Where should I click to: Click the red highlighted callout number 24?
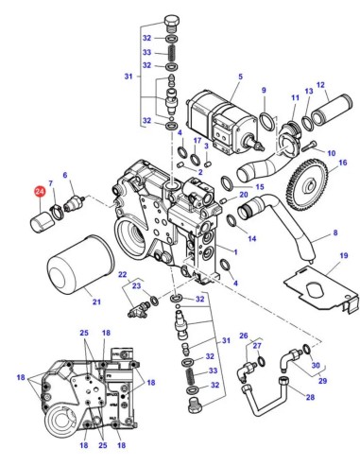pos(40,192)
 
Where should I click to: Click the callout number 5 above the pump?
pos(241,77)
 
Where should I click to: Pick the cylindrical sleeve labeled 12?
pos(332,110)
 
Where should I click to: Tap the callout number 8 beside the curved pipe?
pos(335,232)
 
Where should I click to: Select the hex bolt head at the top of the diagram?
pos(172,23)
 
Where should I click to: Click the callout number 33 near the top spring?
pos(146,52)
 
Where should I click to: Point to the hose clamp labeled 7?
pos(57,211)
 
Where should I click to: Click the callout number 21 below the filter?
pos(96,301)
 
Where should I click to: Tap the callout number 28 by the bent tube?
pos(310,397)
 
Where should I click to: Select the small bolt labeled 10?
pos(309,146)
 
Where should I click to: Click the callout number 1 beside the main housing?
pos(235,252)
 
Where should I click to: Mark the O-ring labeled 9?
pos(266,121)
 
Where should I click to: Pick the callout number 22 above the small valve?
pos(123,274)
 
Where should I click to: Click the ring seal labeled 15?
pos(227,183)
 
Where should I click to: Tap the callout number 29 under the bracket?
pos(323,381)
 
